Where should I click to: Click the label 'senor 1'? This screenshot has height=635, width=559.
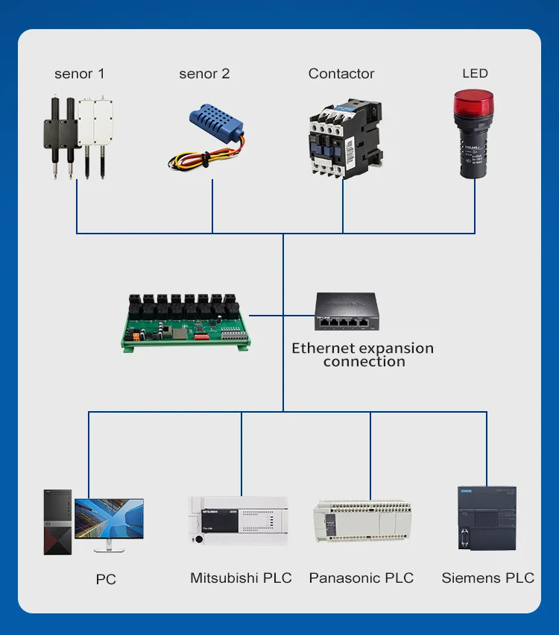[80, 74]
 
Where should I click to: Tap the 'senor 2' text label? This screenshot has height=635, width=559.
[204, 74]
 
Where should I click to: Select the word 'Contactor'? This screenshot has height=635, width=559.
[341, 74]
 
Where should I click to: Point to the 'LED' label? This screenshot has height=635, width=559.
[475, 73]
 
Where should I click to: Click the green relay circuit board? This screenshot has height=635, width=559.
[186, 320]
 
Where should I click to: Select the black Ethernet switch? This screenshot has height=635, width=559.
[344, 312]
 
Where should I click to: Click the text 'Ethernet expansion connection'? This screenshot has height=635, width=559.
[363, 354]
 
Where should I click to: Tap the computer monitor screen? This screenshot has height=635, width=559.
[109, 522]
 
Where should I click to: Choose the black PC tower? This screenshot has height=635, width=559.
[57, 522]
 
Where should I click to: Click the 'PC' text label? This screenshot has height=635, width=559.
[106, 579]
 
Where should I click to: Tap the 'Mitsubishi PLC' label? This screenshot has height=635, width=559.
[241, 578]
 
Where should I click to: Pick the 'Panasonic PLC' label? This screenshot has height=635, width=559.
[361, 578]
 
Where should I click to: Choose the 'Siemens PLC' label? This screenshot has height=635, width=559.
[488, 578]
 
